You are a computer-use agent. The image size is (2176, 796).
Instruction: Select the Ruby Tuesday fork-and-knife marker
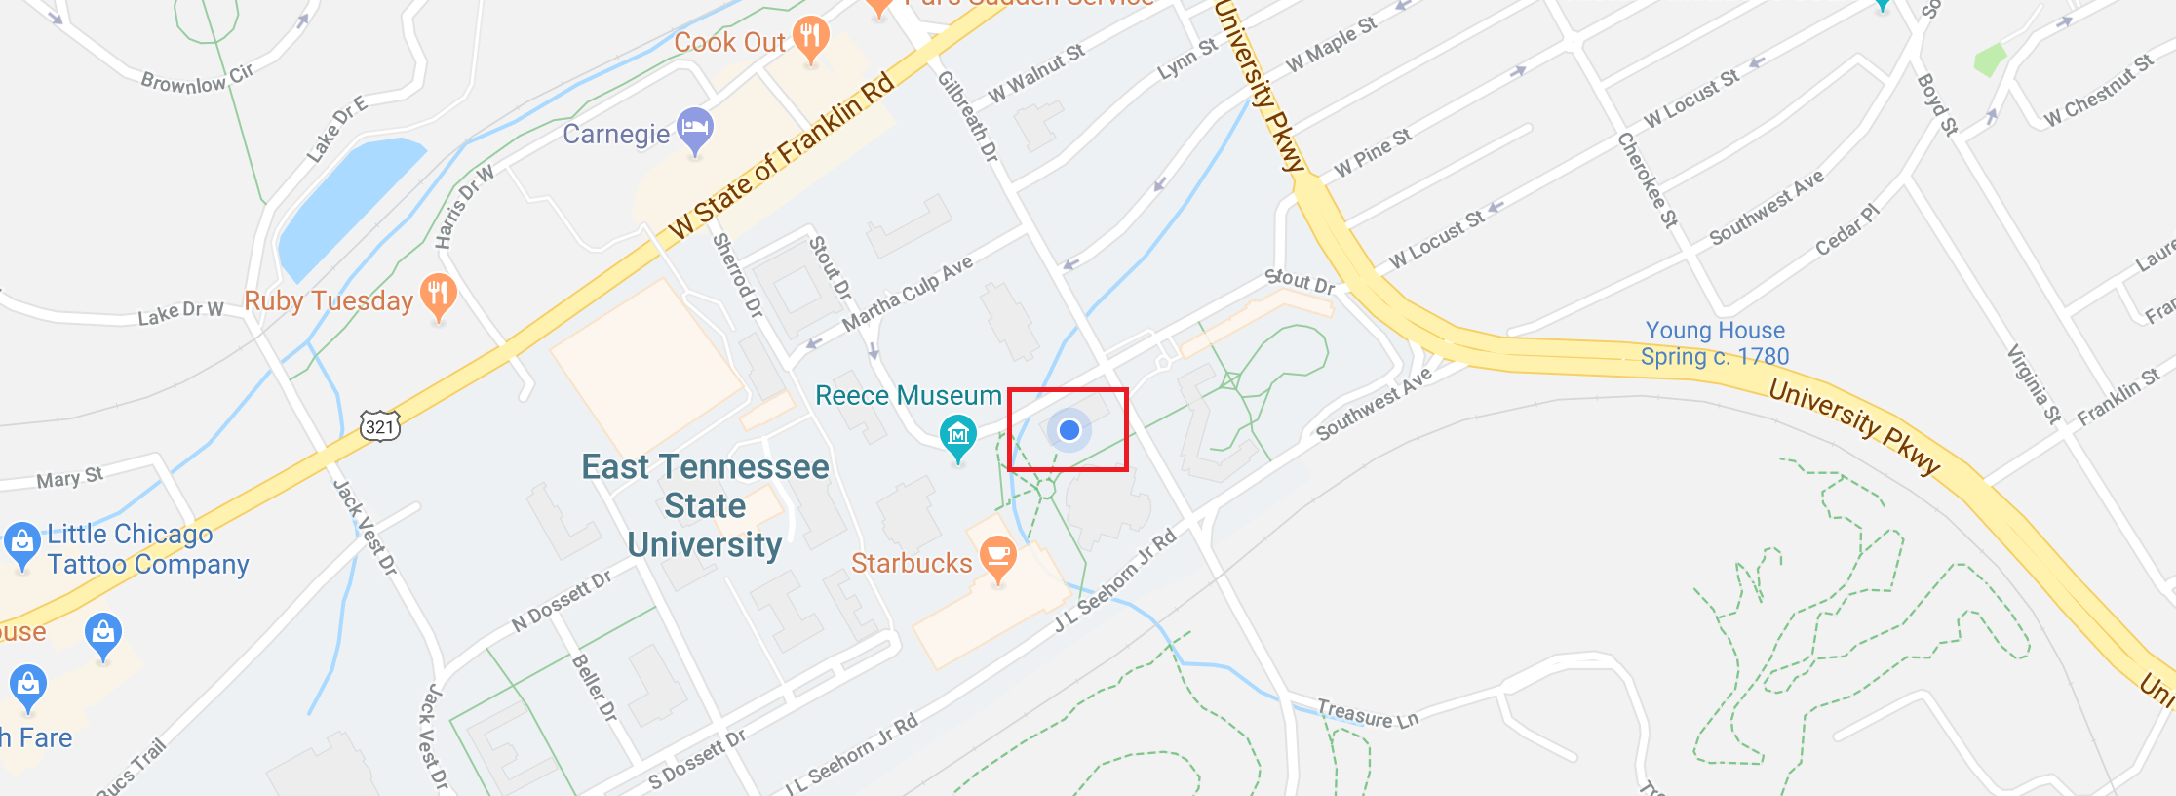coord(439,295)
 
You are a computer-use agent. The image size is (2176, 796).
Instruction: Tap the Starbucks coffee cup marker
coord(998,558)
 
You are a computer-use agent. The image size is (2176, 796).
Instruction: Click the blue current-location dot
coord(1069,430)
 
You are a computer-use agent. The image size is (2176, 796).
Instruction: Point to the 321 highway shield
coord(379,426)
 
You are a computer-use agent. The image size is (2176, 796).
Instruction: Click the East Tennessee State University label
coord(705,505)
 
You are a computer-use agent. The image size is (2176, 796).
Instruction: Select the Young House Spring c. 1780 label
coord(1715,343)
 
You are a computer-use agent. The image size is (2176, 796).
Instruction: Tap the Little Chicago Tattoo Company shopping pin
coord(21,544)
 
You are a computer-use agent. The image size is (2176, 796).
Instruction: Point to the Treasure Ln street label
coord(1367,714)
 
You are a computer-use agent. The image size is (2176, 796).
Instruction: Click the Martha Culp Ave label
coord(908,293)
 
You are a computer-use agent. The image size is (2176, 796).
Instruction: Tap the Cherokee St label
coord(1648,180)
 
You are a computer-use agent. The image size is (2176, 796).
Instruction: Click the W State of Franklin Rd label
coord(781,156)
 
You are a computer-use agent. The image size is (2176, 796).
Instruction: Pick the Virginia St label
coord(2034,384)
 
